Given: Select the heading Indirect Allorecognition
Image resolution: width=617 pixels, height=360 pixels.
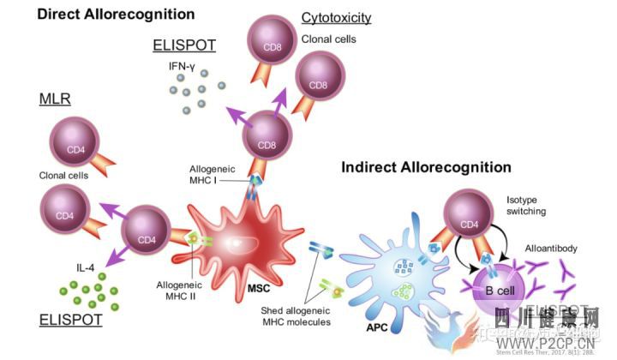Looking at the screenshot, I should (x=426, y=168).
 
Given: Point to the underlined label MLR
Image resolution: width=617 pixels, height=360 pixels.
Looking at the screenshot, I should (x=57, y=101).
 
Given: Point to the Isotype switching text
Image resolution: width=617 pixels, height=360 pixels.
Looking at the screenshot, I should (x=526, y=203).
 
